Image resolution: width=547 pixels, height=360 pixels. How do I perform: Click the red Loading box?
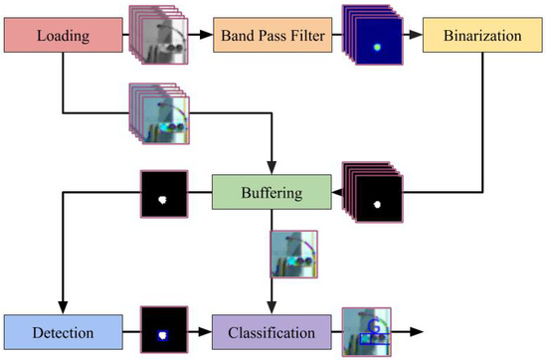coord(61,39)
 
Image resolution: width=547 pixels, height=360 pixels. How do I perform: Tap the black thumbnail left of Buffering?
coord(165,193)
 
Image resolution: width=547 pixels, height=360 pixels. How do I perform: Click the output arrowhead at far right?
coord(419,329)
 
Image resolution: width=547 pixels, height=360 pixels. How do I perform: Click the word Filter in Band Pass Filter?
coord(301,39)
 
